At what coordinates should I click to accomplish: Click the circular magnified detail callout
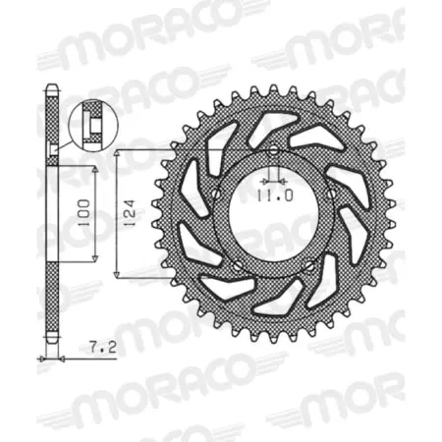88,123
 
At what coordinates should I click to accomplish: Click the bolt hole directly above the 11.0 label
272,149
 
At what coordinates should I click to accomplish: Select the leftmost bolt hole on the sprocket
212,193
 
